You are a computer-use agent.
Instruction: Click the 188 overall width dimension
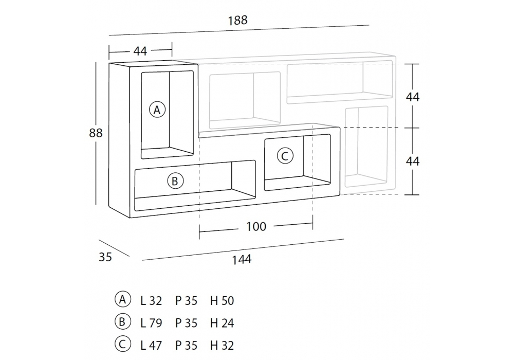tap(237, 21)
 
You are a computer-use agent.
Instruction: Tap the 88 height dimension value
tap(96, 133)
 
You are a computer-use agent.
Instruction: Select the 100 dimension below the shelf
tap(256, 226)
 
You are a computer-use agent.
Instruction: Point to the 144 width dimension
tap(241, 259)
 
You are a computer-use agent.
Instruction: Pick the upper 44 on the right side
tap(413, 97)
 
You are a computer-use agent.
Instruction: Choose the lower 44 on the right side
tap(413, 161)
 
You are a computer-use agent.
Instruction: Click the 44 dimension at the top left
tap(140, 51)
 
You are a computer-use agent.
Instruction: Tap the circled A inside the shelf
tap(157, 109)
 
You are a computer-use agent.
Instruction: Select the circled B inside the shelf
tap(174, 181)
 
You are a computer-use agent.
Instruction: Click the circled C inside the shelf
tap(285, 155)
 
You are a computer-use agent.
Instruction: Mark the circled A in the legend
tap(122, 299)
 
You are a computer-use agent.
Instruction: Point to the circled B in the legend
tap(122, 322)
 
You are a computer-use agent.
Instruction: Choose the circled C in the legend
tap(122, 345)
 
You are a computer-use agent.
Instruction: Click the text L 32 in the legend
tap(151, 300)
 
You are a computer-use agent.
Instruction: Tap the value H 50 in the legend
tap(222, 300)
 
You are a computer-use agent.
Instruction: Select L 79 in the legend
tap(151, 323)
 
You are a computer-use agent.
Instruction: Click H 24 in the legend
tap(222, 323)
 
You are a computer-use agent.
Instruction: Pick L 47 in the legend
tap(151, 345)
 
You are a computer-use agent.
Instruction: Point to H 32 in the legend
tap(222, 345)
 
